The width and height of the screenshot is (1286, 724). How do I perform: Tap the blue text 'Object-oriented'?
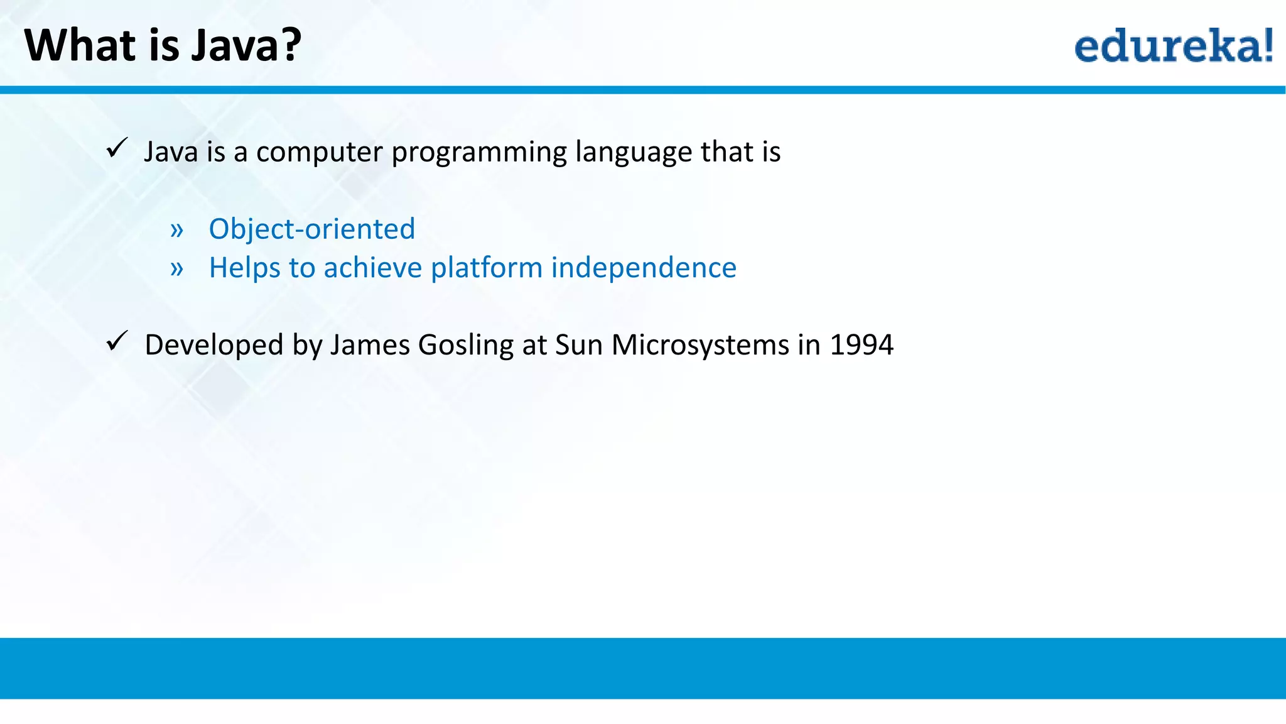[311, 229]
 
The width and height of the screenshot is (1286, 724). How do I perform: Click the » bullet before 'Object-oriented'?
[177, 231]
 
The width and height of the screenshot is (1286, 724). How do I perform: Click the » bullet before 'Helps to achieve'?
[177, 270]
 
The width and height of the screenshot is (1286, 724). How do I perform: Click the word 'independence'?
[644, 268]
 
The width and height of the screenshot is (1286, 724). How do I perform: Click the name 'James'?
[369, 345]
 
